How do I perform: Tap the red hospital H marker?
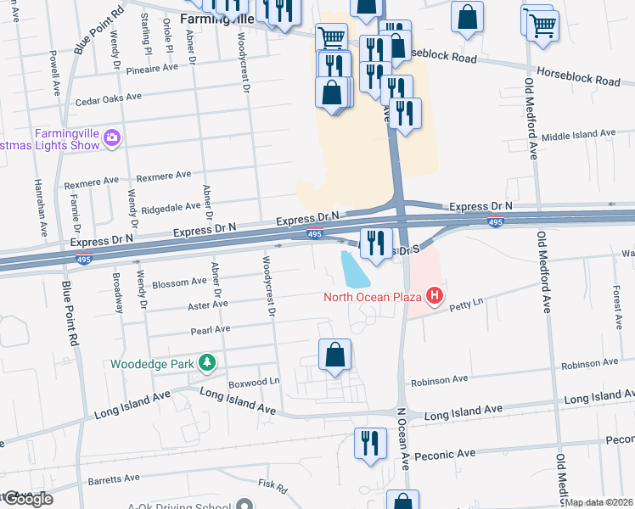pos(435,296)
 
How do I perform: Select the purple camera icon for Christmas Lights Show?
pos(111,136)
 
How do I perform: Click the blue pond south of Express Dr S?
pos(355,269)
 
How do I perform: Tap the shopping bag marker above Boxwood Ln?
pos(335,355)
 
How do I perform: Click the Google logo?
pos(27,499)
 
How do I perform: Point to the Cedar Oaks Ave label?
pos(108,98)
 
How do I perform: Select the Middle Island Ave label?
pos(577,134)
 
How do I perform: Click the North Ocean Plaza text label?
pos(373,297)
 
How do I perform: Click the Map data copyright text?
pos(599,502)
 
